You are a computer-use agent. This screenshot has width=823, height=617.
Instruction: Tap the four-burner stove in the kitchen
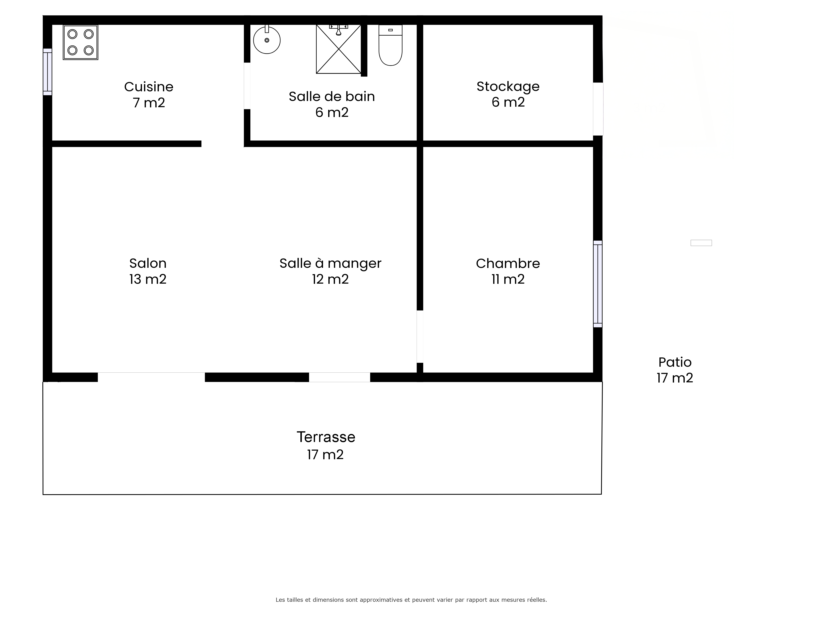[x=80, y=42]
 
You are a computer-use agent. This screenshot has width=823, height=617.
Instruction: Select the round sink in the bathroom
[x=267, y=39]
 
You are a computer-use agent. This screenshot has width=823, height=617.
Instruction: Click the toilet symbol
[x=390, y=45]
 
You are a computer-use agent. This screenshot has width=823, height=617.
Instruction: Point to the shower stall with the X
[x=339, y=49]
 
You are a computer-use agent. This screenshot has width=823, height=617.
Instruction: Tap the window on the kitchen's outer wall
[x=48, y=72]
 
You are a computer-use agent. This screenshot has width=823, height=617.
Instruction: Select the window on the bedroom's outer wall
[x=597, y=284]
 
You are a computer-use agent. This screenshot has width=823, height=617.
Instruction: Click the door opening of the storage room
[x=598, y=109]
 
